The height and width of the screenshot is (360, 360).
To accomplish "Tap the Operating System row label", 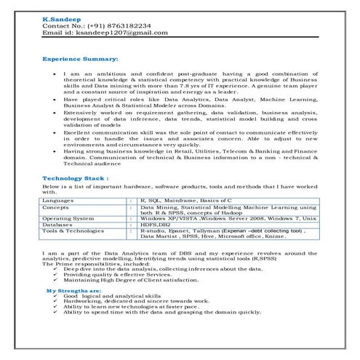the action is tap(68, 218).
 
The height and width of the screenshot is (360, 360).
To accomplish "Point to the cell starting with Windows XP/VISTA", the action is tap(228, 218).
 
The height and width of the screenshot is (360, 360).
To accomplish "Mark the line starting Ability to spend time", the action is tap(161, 312).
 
